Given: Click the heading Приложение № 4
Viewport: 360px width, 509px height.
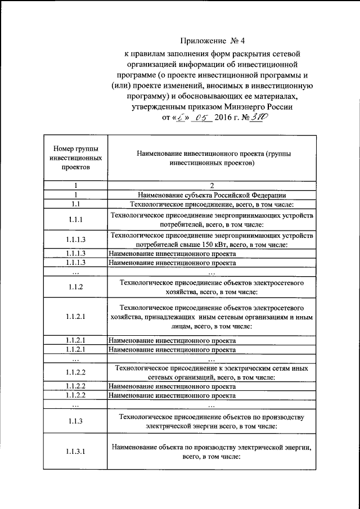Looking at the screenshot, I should pos(213,41).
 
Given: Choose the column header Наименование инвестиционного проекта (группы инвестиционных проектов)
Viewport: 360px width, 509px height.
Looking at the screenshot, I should pos(211,158).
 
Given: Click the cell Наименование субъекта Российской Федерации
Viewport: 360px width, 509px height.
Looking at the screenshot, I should pos(211,194).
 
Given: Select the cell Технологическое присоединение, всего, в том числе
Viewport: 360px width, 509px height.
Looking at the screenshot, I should pos(211,204).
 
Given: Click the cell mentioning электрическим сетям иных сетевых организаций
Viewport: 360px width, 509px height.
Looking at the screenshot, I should pos(211,372).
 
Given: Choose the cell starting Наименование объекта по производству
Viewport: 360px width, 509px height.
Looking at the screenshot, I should pos(211,451).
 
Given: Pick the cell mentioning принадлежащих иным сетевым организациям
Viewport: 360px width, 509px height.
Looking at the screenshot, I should pos(211,317).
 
